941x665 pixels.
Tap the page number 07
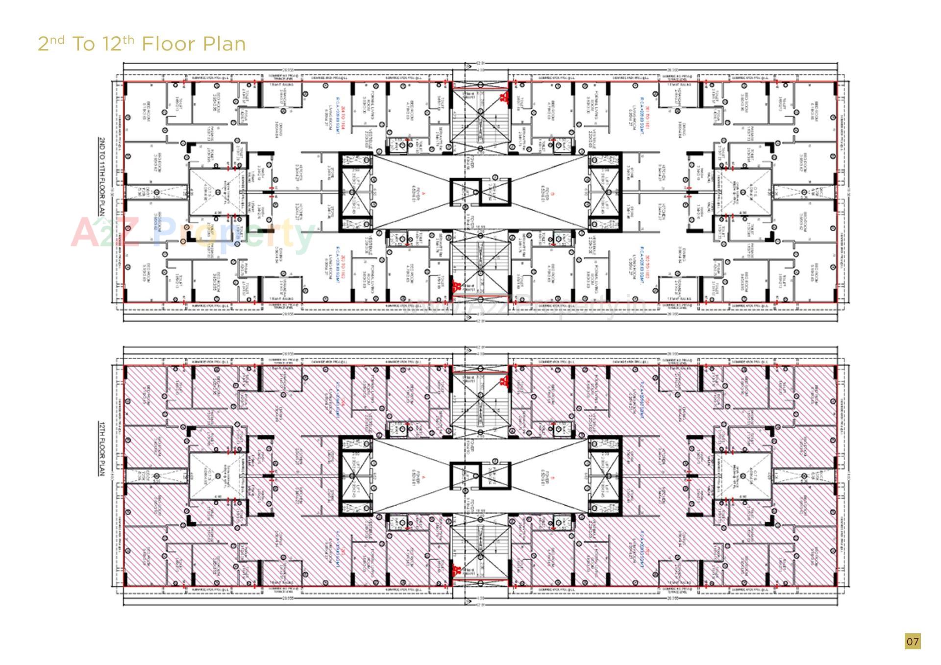coord(912,641)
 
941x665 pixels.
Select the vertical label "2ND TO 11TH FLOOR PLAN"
coord(102,176)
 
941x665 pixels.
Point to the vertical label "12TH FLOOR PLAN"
coord(102,448)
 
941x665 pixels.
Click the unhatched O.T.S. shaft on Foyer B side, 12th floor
coord(747,475)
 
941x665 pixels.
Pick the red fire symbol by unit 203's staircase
coord(456,286)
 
